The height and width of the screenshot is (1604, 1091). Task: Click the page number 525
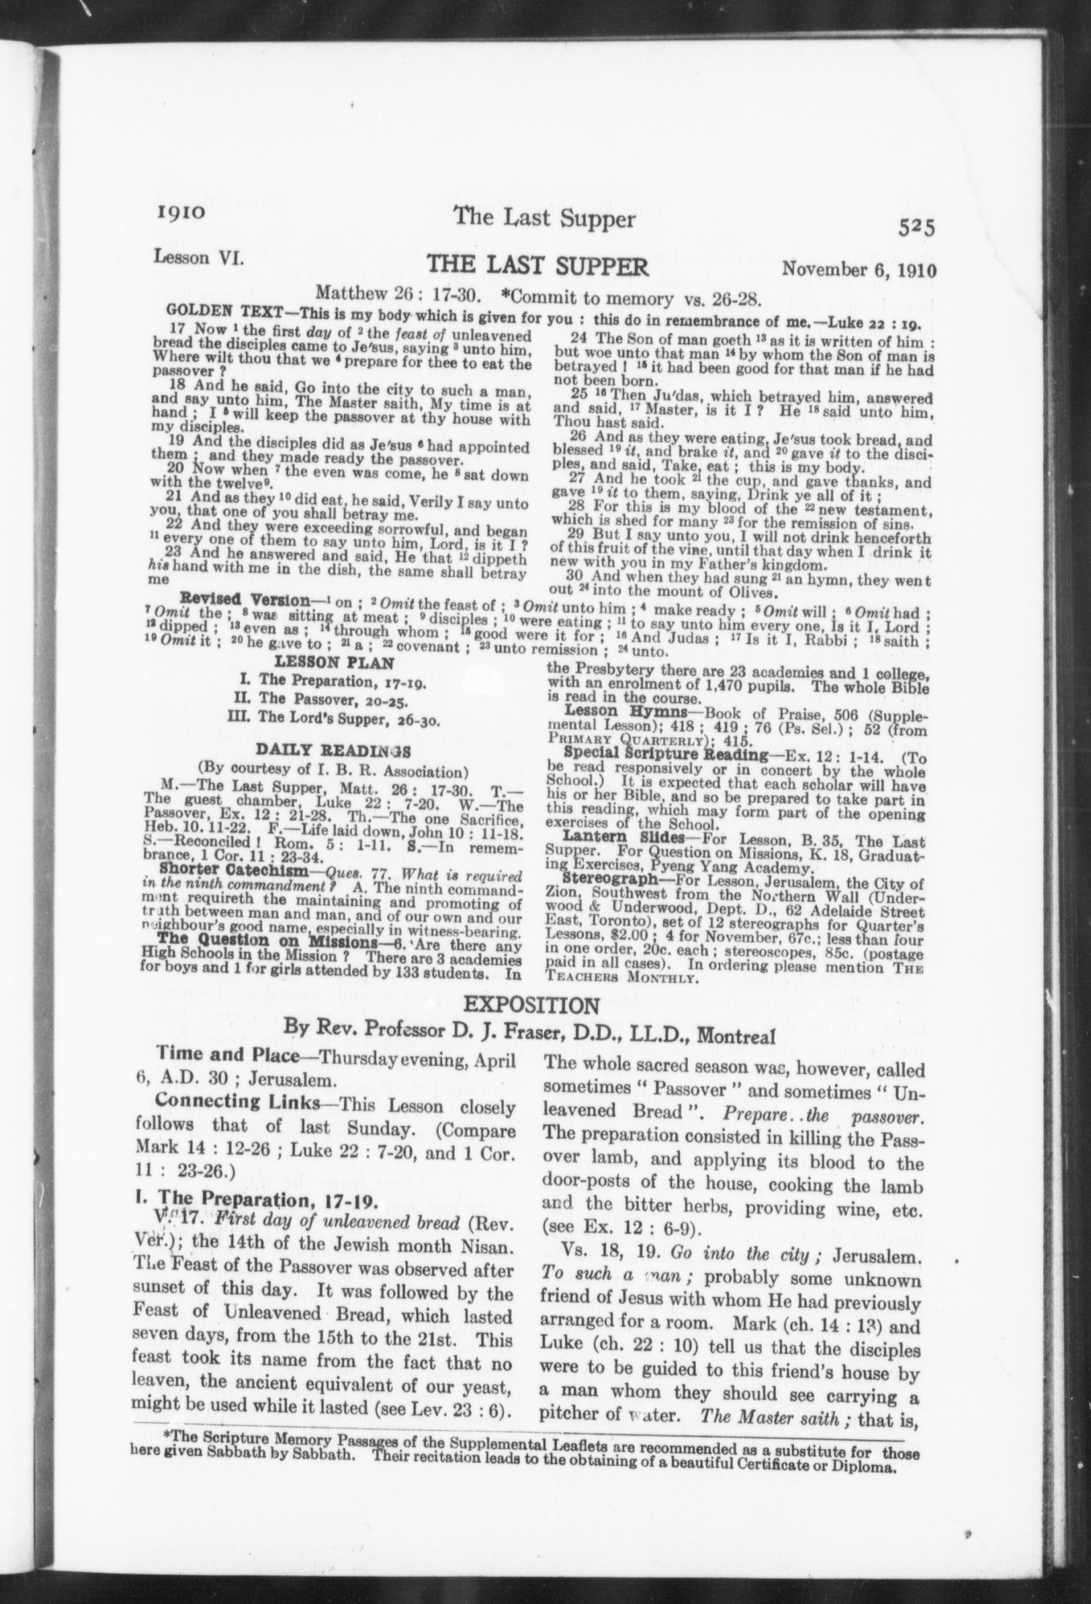coord(916,228)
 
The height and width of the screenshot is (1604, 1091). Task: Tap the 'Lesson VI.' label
coord(190,258)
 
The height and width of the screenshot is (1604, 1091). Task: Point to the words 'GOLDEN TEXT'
coord(203,311)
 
